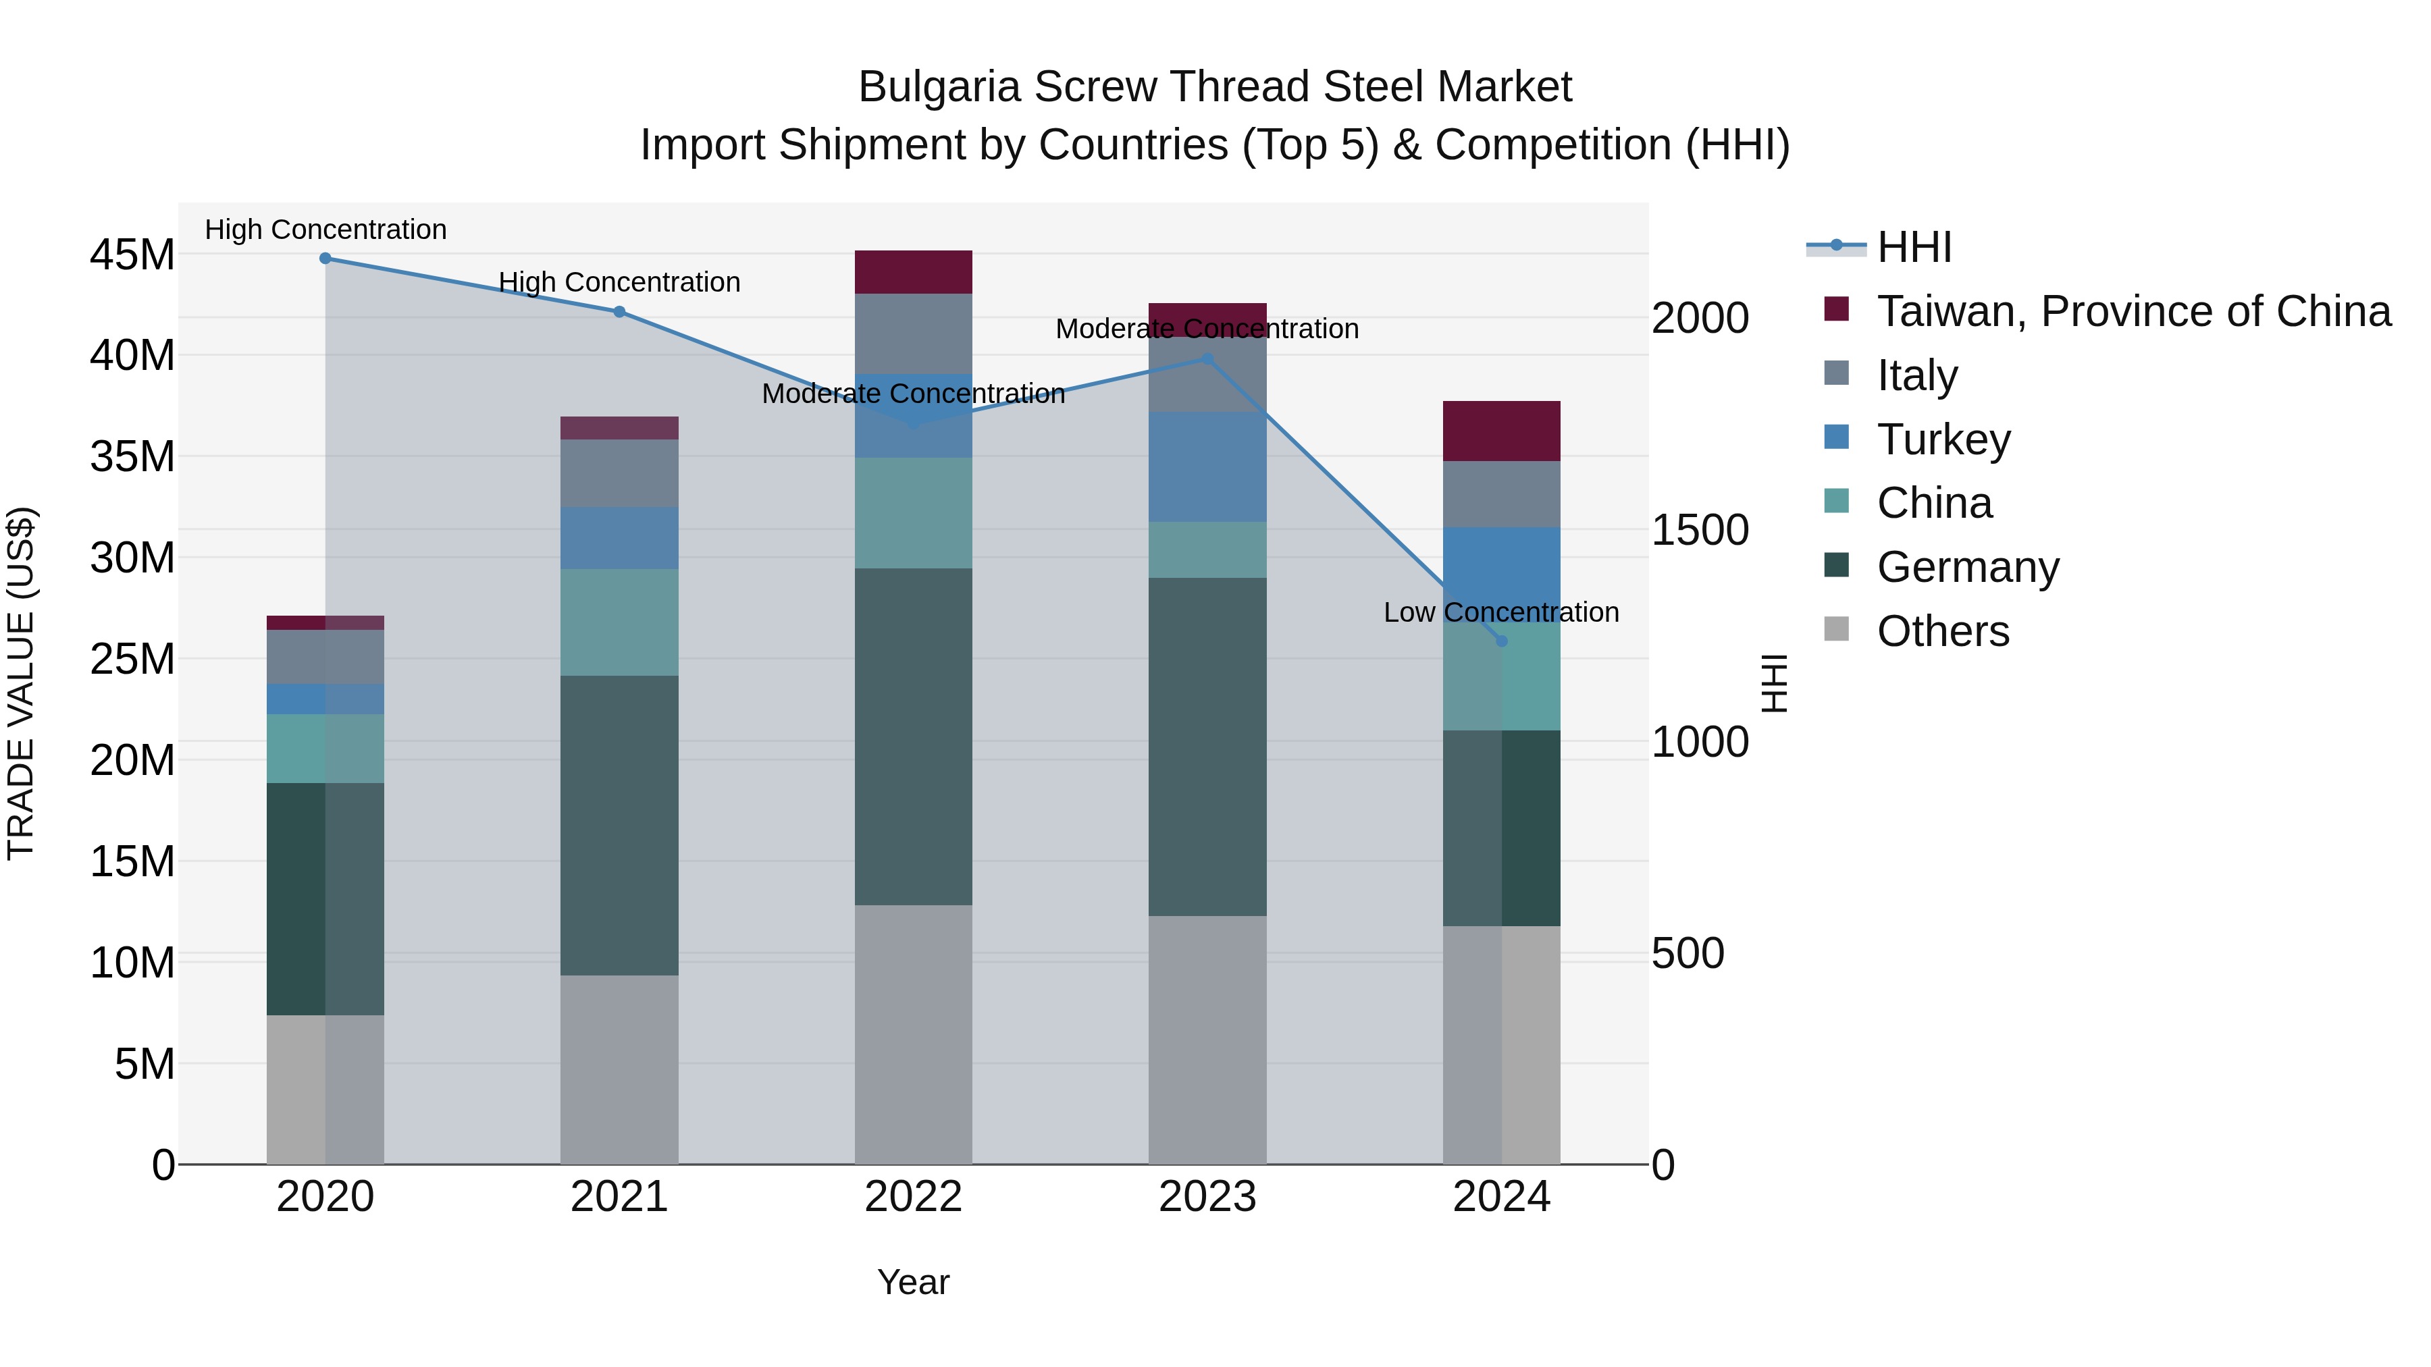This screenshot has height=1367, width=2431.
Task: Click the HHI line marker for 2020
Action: [325, 259]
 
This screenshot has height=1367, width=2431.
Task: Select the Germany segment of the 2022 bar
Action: [914, 736]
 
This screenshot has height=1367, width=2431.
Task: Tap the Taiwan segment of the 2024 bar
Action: [1501, 431]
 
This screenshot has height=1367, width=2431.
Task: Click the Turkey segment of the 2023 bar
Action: [1207, 467]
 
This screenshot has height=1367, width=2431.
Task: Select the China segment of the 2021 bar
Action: [619, 622]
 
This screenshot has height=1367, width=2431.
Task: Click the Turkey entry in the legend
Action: [1943, 439]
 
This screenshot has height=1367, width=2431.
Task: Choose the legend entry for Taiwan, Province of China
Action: [2133, 311]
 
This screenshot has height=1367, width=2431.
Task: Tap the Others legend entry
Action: [1942, 631]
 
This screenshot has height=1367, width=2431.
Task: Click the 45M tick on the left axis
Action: [132, 254]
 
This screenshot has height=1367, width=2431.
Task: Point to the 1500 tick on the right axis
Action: [1700, 530]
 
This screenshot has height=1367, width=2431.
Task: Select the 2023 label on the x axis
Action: [1207, 1197]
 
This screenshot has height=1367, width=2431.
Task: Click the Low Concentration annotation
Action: [1500, 612]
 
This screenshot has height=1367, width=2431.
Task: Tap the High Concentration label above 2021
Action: [619, 282]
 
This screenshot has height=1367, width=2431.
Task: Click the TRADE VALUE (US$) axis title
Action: [21, 683]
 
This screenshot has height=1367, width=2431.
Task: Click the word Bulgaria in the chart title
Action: [939, 87]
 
